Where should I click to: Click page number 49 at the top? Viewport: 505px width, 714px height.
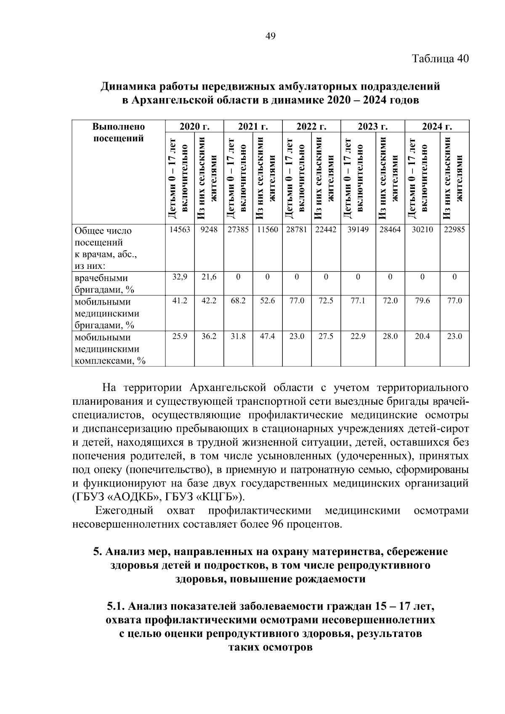coord(270,37)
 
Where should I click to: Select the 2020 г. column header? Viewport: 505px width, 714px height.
coord(194,127)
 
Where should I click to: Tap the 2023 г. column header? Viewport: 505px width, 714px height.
coord(372,127)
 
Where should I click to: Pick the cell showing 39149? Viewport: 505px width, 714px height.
coord(358,230)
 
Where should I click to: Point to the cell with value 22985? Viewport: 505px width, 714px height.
coord(454,230)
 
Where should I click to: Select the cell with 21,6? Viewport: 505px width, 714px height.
coord(209,277)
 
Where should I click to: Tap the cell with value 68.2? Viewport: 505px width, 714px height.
coord(238,301)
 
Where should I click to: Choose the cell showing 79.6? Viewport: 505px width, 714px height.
coord(423,301)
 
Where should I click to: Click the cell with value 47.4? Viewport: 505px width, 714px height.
coord(267,337)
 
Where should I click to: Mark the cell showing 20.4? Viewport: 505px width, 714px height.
coord(423,337)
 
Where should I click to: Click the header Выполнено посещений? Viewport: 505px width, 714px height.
coord(118,133)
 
